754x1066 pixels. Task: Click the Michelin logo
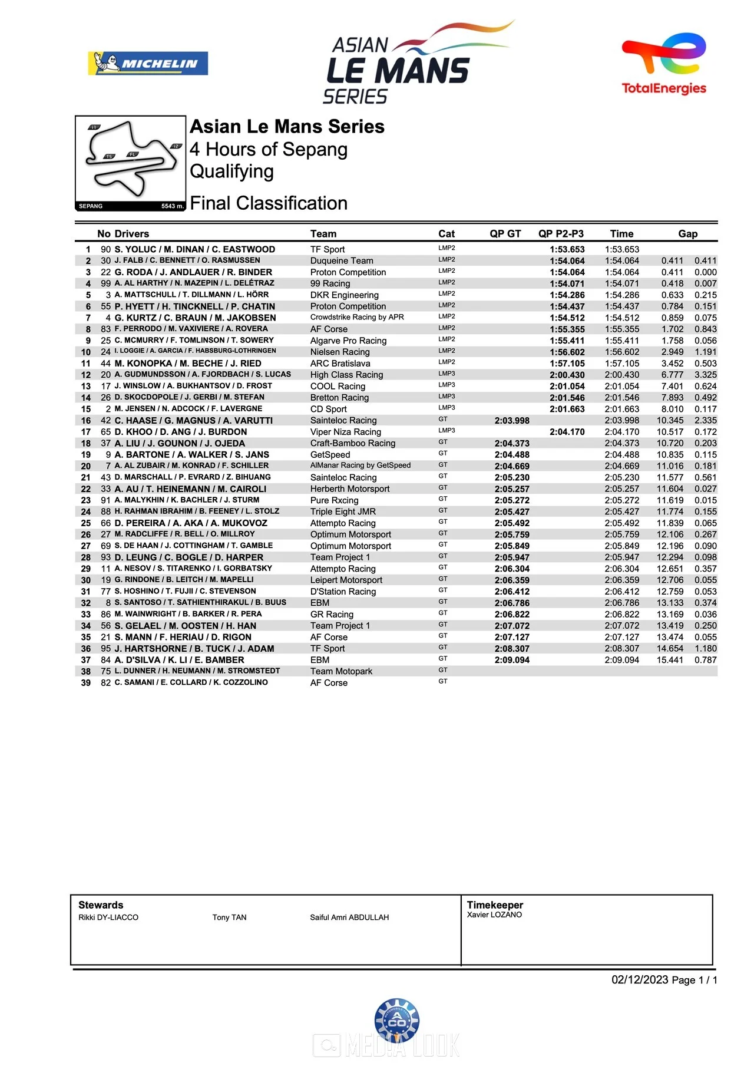pos(148,64)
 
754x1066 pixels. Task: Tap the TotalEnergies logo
pos(664,64)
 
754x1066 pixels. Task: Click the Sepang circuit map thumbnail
pos(130,163)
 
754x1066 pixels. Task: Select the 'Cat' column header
pos(447,234)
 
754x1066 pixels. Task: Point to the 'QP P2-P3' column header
pos(561,234)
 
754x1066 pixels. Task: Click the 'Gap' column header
pos(687,234)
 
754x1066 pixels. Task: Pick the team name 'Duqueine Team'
pos(342,260)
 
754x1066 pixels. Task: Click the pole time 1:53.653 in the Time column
pos(621,249)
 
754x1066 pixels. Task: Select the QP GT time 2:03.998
pos(512,421)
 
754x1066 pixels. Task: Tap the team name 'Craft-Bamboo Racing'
pos(353,443)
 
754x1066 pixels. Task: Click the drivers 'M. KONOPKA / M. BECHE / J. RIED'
pos(188,364)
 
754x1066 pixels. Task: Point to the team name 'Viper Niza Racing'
pos(346,432)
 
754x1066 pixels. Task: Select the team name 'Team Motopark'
pos(341,671)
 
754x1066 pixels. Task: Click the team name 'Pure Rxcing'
pos(334,500)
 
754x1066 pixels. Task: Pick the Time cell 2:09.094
pos(621,660)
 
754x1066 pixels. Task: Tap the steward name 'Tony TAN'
pos(229,918)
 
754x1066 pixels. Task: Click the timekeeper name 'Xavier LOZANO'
pos(494,915)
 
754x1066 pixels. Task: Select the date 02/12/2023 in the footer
pos(640,980)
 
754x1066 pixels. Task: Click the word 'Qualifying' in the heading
pos(232,171)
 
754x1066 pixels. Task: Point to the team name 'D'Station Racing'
pos(343,592)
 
